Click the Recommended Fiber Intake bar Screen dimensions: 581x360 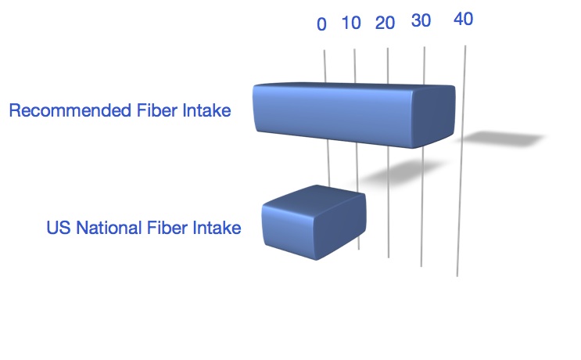pos(354,115)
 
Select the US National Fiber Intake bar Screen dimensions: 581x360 pos(314,222)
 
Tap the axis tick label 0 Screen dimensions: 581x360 pos(321,24)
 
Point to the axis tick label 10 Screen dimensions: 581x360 pos(351,23)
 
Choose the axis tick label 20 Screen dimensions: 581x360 pos(385,23)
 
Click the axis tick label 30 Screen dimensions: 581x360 pos(421,20)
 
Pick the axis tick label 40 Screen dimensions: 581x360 pos(463,19)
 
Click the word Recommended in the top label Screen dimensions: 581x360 pos(70,110)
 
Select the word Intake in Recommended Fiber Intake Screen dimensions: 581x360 pos(206,110)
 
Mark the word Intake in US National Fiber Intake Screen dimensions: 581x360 pos(217,228)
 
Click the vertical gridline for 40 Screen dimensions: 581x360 pos(461,161)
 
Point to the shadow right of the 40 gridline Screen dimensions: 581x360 pos(504,139)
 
